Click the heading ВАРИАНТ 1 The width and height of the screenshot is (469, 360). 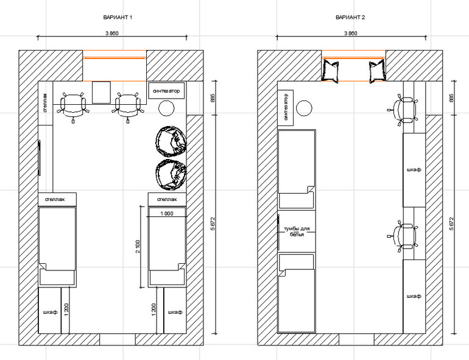(x=118, y=17)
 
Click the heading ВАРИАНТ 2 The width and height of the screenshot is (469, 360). (x=350, y=17)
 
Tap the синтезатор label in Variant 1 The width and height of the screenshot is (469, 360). (x=166, y=91)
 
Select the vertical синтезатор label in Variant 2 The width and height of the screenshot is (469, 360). (x=286, y=107)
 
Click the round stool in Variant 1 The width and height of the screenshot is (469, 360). (x=166, y=108)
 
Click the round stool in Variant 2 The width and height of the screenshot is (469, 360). (x=304, y=108)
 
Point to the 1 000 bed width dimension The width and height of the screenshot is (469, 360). (x=167, y=213)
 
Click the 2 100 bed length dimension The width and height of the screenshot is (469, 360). (x=138, y=246)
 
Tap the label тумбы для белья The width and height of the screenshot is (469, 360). (x=297, y=231)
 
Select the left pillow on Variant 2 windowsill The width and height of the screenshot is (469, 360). (x=330, y=71)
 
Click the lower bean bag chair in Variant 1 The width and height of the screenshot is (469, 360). (x=171, y=174)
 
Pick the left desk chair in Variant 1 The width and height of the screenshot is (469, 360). (x=73, y=106)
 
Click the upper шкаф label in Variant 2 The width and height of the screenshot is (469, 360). (x=414, y=169)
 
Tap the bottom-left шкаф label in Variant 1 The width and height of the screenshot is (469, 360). (x=50, y=312)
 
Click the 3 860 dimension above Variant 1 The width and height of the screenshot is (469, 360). (x=112, y=34)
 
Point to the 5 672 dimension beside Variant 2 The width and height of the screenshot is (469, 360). (x=452, y=223)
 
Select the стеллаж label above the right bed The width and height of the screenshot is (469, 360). (x=167, y=199)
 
